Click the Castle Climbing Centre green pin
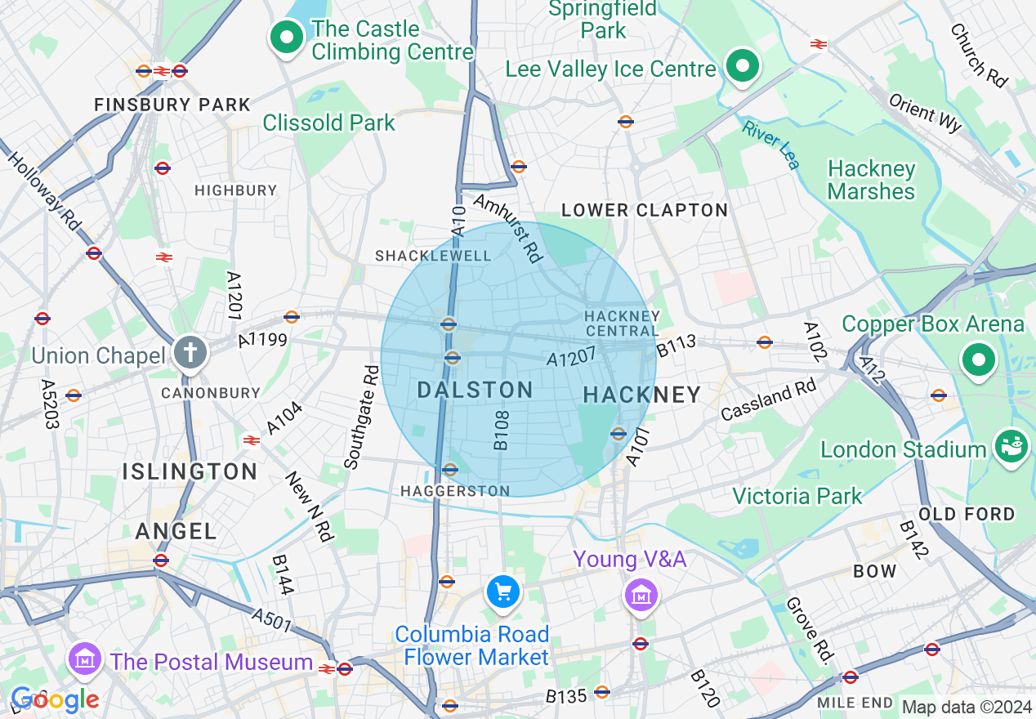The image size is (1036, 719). pyautogui.click(x=287, y=38)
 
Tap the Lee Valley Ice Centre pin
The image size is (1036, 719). pyautogui.click(x=741, y=66)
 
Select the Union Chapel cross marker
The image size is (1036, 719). pyautogui.click(x=191, y=354)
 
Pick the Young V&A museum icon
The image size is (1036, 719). pyautogui.click(x=641, y=595)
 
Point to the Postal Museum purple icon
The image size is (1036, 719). pyautogui.click(x=85, y=659)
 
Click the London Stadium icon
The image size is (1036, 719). pyautogui.click(x=1011, y=446)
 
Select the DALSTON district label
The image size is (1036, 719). pyautogui.click(x=475, y=390)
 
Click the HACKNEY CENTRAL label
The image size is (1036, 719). pyautogui.click(x=622, y=324)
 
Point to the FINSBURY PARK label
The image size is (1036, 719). pyautogui.click(x=172, y=105)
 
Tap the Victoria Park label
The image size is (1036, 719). pyautogui.click(x=797, y=496)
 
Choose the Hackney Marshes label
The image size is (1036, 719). pyautogui.click(x=871, y=181)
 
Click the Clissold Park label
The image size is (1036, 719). pyautogui.click(x=328, y=123)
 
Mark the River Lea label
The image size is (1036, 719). pyautogui.click(x=771, y=145)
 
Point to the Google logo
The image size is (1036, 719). pyautogui.click(x=55, y=699)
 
